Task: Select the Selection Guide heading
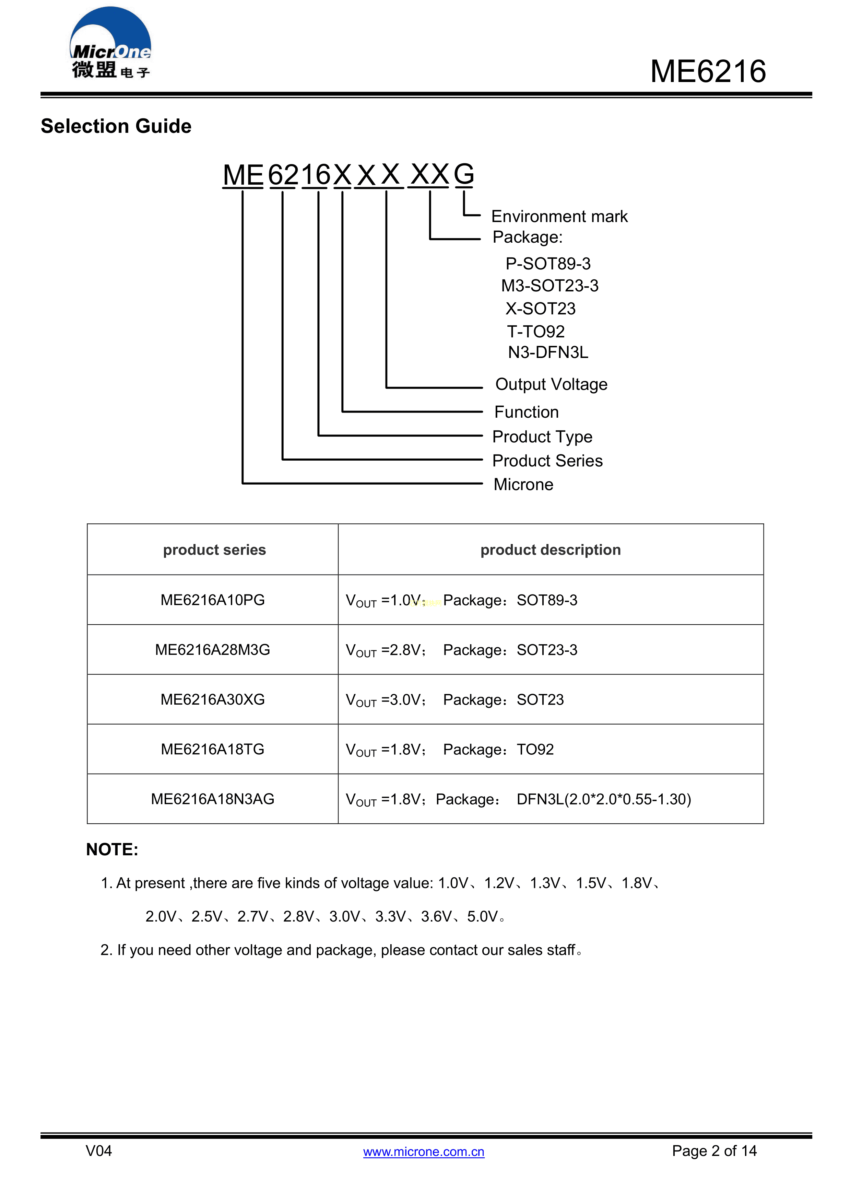point(116,126)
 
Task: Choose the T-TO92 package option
point(535,332)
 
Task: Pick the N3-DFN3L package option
point(547,352)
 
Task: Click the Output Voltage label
point(551,384)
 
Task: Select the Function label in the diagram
point(526,412)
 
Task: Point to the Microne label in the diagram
point(523,485)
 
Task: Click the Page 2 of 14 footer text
point(714,1151)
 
